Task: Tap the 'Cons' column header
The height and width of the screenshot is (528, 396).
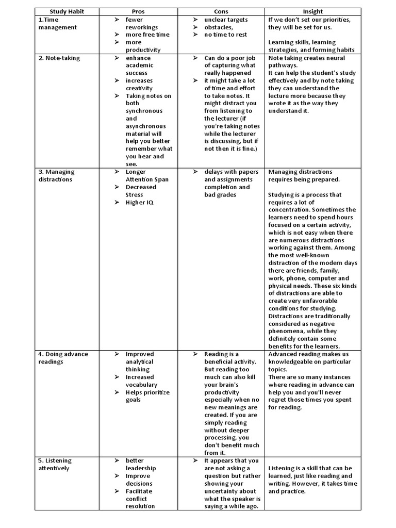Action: [x=221, y=11]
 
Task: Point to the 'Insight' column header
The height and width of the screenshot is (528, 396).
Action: [x=312, y=11]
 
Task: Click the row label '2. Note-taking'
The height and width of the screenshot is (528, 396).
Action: [x=59, y=58]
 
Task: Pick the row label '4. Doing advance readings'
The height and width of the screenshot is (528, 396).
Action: [x=63, y=358]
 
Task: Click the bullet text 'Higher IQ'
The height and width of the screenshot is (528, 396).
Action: [x=140, y=202]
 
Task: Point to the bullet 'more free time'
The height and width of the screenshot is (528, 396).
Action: [x=147, y=35]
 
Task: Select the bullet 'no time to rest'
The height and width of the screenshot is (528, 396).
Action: [x=225, y=35]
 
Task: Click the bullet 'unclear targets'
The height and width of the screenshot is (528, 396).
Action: [x=226, y=20]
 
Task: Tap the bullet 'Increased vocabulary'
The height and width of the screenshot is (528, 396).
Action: [x=141, y=381]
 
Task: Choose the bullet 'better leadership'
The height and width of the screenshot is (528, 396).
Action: [x=141, y=464]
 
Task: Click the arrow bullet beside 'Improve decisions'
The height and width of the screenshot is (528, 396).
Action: [x=117, y=476]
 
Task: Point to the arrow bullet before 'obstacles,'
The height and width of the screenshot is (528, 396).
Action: [x=196, y=27]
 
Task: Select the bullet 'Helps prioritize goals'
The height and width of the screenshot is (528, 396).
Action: [x=147, y=396]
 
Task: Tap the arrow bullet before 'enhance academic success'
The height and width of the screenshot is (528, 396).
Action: [x=117, y=58]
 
